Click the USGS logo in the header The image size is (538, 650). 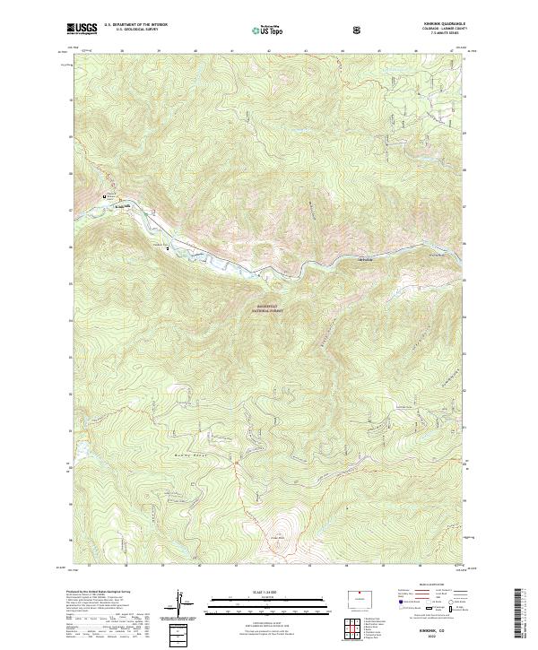click(82, 30)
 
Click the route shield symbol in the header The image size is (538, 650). click(358, 30)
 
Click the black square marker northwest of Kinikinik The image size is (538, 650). click(105, 197)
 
